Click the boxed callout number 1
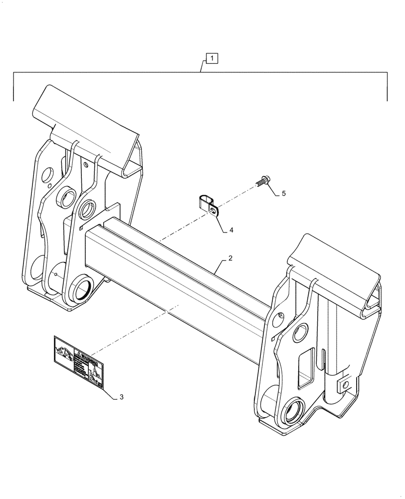(212, 59)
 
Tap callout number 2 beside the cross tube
(230, 258)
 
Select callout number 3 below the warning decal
(121, 398)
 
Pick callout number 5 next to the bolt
(283, 193)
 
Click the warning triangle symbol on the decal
(78, 355)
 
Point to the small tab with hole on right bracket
(345, 385)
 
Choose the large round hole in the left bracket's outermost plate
(48, 175)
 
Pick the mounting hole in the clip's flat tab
(214, 212)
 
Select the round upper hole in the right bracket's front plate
(300, 332)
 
